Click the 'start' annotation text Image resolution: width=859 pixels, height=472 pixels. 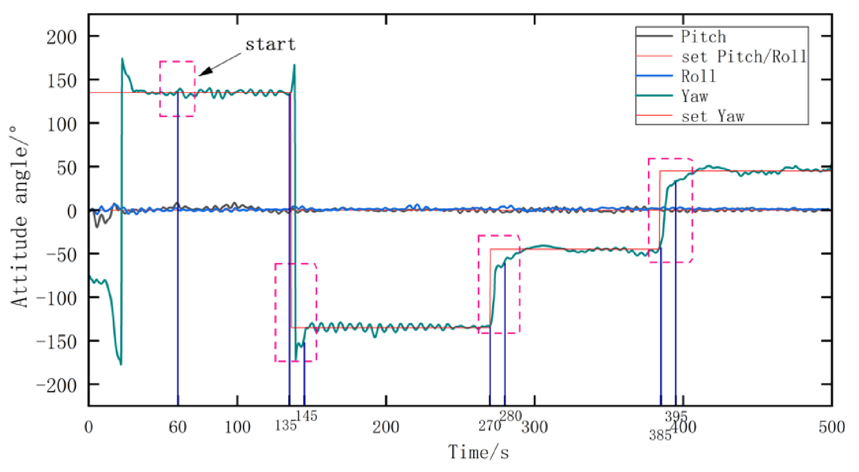pyautogui.click(x=270, y=45)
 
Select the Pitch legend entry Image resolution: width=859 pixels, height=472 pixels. pyautogui.click(x=703, y=37)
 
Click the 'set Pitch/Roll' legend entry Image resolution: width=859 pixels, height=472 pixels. pyautogui.click(x=743, y=57)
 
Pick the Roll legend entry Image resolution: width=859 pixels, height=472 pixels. pyautogui.click(x=698, y=76)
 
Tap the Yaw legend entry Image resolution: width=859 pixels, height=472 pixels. pyautogui.click(x=694, y=96)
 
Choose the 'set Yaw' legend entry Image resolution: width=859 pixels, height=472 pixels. pyautogui.click(x=712, y=116)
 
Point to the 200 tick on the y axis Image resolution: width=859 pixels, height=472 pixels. pyautogui.click(x=61, y=37)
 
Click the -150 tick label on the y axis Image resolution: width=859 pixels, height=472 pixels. pyautogui.click(x=57, y=342)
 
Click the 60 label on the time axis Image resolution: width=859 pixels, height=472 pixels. pyautogui.click(x=178, y=427)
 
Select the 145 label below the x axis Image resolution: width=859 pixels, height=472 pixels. pyautogui.click(x=306, y=416)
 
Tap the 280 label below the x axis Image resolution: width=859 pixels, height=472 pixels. pyautogui.click(x=510, y=416)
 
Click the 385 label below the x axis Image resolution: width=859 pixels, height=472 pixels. pyautogui.click(x=660, y=435)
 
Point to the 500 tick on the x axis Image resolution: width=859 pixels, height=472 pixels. pyautogui.click(x=831, y=427)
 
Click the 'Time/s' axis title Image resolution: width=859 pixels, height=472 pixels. pyautogui.click(x=479, y=452)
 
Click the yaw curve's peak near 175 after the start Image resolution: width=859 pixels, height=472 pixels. pyautogui.click(x=122, y=59)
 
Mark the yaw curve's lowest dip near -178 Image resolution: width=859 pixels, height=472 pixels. pyautogui.click(x=121, y=364)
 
